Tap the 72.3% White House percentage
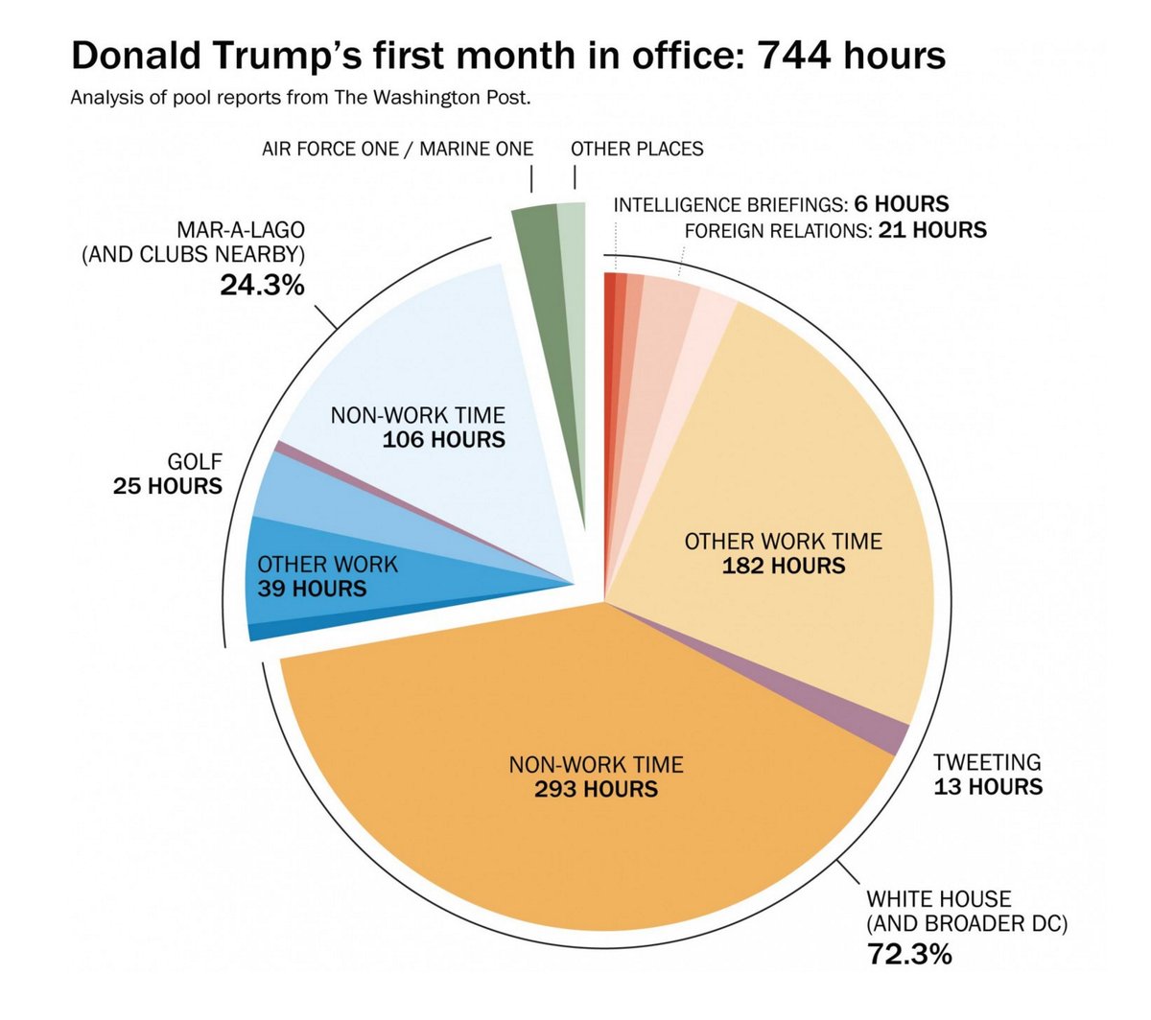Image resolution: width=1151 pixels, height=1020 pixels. click(x=909, y=954)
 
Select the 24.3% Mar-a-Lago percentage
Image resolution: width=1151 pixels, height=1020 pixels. click(x=262, y=284)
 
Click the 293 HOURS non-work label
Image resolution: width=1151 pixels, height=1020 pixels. click(x=596, y=789)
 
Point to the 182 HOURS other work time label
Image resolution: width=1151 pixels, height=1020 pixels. click(x=783, y=566)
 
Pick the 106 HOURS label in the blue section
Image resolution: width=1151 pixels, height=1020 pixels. click(x=443, y=440)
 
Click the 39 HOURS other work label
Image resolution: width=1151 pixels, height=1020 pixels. click(x=312, y=589)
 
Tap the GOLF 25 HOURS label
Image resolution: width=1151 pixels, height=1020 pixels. click(x=168, y=475)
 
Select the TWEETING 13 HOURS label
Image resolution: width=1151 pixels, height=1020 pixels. click(x=987, y=775)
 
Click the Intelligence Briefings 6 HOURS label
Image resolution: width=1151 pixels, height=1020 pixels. click(x=781, y=204)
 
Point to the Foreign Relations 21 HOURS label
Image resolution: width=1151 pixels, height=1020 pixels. click(x=834, y=230)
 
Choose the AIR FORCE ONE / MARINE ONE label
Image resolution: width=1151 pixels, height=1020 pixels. click(x=397, y=149)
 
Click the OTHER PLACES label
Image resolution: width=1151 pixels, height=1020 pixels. click(x=637, y=149)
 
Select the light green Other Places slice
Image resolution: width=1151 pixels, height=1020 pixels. click(x=573, y=288)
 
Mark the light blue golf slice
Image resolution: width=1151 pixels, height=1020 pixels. click(x=317, y=489)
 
